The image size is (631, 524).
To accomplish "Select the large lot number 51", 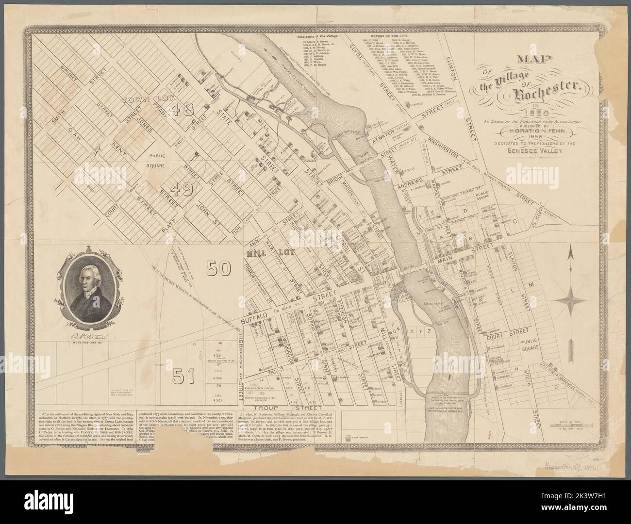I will point(183,374).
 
